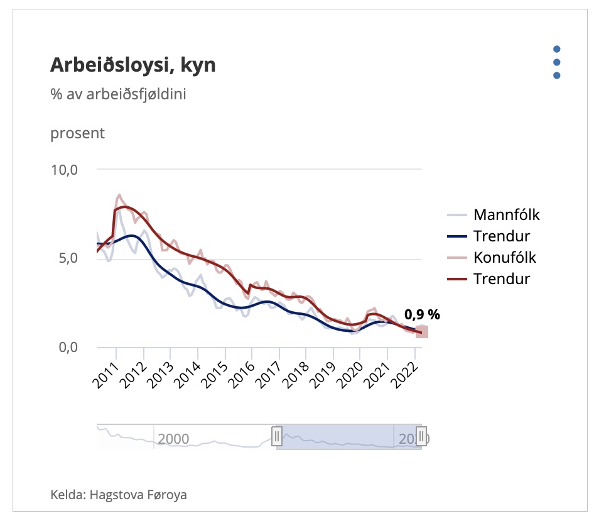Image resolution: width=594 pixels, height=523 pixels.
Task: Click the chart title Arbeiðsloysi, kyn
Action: coord(132,65)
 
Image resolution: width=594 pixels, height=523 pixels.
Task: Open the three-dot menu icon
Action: coord(556,62)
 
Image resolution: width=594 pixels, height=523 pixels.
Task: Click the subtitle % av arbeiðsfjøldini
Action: coord(119,95)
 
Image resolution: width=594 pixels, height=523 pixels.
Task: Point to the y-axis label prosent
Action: coord(77,133)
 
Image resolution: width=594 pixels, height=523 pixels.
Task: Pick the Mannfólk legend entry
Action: coord(506,215)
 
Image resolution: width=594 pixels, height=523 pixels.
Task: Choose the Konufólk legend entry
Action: coord(505,257)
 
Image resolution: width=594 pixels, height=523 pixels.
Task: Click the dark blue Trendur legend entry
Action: coord(501,236)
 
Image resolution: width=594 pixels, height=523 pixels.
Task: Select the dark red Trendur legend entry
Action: coord(501,278)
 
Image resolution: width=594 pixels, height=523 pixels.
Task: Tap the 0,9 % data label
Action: coord(422,316)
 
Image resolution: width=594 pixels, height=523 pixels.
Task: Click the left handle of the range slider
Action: coord(276,436)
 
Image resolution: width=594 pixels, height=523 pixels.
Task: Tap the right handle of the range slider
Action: coord(421,436)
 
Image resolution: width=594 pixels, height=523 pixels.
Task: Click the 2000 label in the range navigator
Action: coord(174,438)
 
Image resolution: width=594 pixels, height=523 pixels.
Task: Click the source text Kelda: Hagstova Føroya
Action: coord(119,495)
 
